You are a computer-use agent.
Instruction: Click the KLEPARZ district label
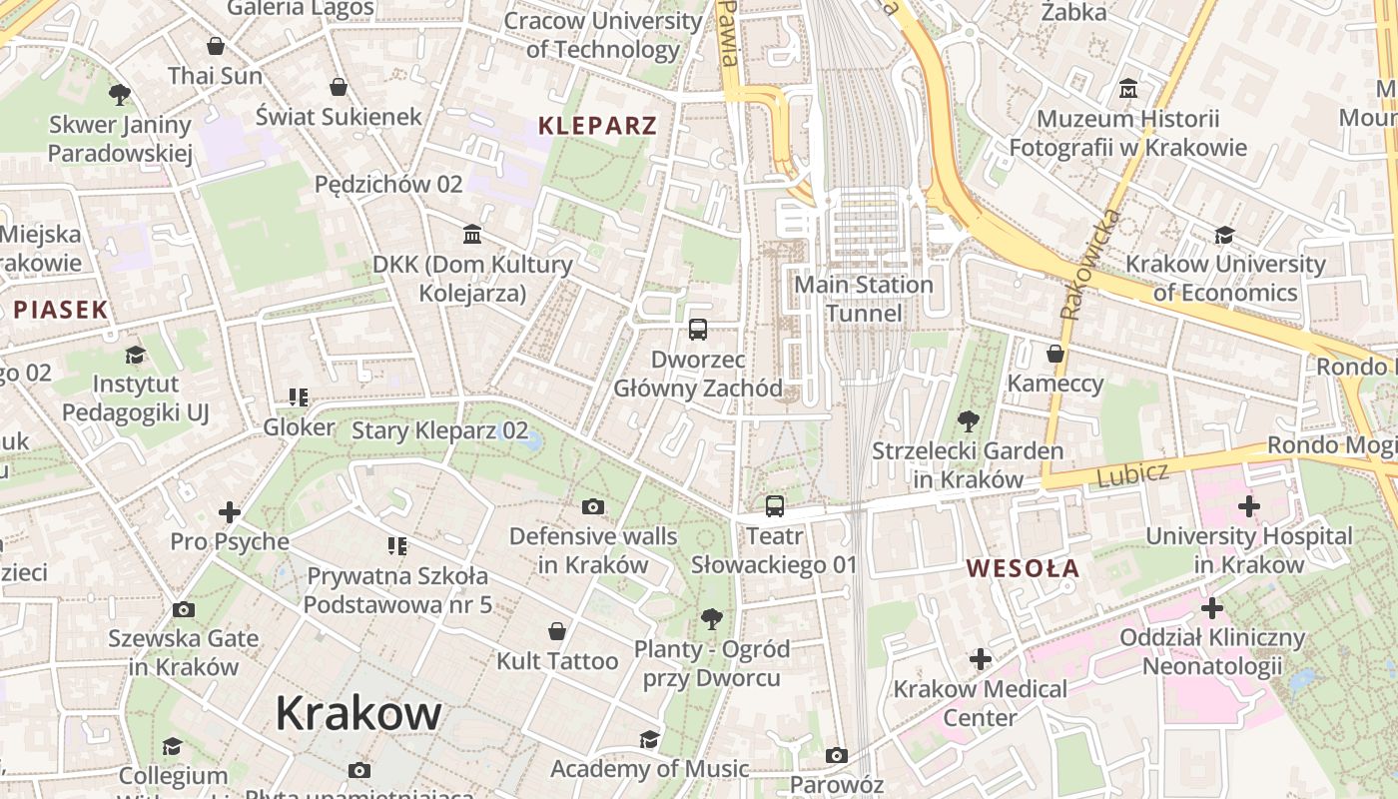click(x=597, y=125)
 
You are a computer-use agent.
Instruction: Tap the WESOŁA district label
click(x=1023, y=568)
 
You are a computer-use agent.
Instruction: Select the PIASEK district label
click(x=60, y=310)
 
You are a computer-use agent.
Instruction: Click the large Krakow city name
click(x=357, y=713)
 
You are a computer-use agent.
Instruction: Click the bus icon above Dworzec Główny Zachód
click(x=698, y=329)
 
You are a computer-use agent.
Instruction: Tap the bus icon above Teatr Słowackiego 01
click(x=775, y=506)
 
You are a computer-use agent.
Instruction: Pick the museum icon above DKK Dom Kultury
click(x=472, y=235)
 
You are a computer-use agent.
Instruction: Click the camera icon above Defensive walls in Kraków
click(x=593, y=507)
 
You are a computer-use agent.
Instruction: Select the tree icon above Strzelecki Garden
click(x=968, y=420)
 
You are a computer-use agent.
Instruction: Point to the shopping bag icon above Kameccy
click(x=1055, y=354)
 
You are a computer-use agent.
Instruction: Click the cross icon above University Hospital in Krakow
click(x=1248, y=506)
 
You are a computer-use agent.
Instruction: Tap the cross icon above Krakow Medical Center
click(x=981, y=659)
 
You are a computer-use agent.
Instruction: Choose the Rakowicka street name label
click(x=1090, y=264)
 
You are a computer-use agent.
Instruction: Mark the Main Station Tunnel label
click(x=864, y=299)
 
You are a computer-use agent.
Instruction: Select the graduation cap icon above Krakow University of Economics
click(x=1225, y=235)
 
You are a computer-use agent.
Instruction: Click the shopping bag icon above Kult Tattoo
click(x=557, y=631)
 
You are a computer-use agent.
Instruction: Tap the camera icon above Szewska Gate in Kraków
click(x=184, y=609)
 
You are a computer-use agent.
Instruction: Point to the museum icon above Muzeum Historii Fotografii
click(x=1128, y=89)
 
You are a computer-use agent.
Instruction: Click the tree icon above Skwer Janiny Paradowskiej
click(x=120, y=95)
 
